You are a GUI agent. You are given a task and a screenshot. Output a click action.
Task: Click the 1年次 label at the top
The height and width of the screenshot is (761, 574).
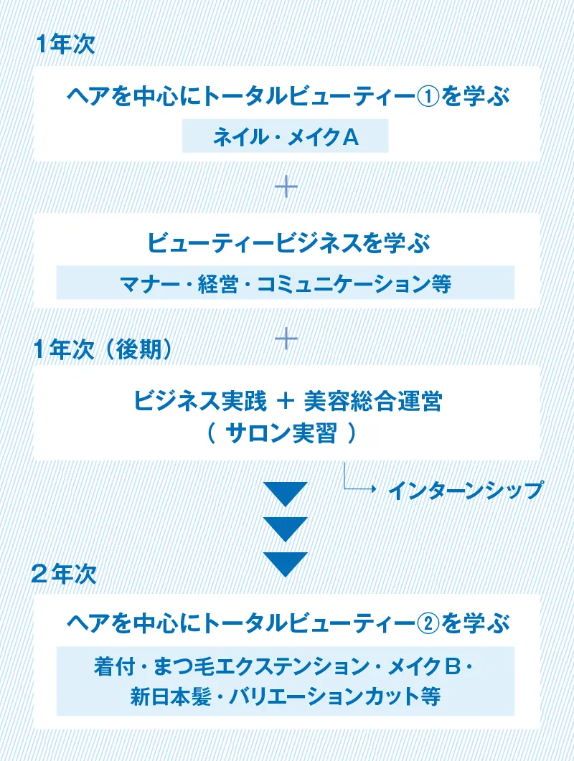(x=65, y=44)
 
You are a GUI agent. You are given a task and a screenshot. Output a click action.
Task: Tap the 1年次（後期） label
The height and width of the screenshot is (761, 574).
(x=103, y=349)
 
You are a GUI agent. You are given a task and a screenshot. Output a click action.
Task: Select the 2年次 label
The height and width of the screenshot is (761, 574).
(x=64, y=574)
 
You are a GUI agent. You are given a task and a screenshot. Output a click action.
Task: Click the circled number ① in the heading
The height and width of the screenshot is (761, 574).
(x=428, y=95)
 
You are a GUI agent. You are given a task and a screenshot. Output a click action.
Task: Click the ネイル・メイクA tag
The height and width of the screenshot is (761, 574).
(x=285, y=136)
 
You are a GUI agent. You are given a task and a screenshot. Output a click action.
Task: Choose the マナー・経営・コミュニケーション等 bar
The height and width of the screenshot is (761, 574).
(x=285, y=283)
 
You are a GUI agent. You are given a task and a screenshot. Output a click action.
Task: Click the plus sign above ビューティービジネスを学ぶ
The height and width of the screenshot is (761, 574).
(x=286, y=187)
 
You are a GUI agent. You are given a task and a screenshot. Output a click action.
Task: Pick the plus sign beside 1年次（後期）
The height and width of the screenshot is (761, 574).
(x=286, y=339)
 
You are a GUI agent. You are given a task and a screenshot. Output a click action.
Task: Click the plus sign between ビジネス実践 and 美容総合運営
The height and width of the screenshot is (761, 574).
(x=286, y=401)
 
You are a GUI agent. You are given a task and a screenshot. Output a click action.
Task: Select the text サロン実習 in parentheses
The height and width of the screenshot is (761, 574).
(x=281, y=433)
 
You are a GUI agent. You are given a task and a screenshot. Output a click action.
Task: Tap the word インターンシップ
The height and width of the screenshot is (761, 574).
(x=465, y=490)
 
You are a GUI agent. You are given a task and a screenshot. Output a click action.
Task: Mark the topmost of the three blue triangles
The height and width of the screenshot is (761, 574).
(x=286, y=494)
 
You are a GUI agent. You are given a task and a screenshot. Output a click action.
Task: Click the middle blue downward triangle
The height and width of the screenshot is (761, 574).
(x=286, y=529)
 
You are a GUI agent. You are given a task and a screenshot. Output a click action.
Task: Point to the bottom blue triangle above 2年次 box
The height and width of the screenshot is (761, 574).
(x=286, y=564)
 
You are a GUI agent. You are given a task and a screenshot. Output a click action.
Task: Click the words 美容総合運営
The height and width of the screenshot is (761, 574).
(x=373, y=402)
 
